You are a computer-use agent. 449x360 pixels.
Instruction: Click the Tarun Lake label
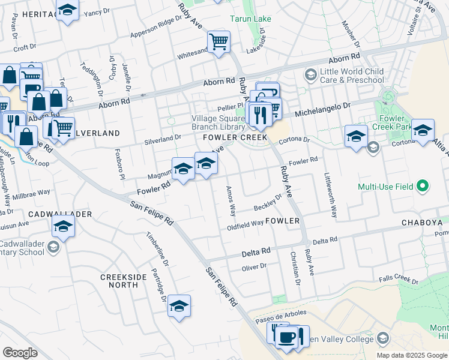click(251, 19)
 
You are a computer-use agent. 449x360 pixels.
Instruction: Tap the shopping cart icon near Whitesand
click(219, 42)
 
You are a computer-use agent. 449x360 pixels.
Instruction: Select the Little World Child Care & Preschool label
click(351, 76)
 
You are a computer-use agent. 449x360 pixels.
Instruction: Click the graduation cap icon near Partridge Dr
click(179, 306)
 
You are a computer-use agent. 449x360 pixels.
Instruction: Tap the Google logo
click(20, 353)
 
